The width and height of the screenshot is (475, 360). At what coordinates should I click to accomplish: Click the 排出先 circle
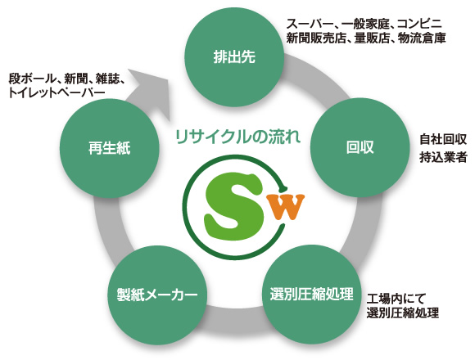tap(234, 57)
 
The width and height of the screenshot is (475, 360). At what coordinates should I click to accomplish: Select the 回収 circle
tap(360, 147)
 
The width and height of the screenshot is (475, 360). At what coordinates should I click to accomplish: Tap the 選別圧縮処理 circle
tap(312, 295)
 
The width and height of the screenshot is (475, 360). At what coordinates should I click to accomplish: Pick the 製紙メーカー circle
tap(157, 295)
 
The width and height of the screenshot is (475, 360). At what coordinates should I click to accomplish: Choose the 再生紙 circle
tap(110, 149)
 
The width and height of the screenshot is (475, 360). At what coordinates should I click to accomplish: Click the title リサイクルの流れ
tap(238, 137)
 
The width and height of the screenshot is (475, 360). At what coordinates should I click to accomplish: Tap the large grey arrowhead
tap(152, 91)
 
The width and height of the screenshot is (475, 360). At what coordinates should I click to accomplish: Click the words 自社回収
tap(443, 140)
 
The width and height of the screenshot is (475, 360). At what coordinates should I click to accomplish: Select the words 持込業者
tap(443, 157)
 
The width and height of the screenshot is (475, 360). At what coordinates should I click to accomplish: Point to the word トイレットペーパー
tap(57, 92)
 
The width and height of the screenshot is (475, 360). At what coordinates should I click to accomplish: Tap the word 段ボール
tap(30, 79)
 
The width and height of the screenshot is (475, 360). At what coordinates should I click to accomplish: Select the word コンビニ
tap(419, 24)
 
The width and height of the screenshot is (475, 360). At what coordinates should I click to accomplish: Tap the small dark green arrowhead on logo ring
tap(283, 187)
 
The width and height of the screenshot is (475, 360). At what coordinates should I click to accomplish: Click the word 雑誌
tap(106, 79)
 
